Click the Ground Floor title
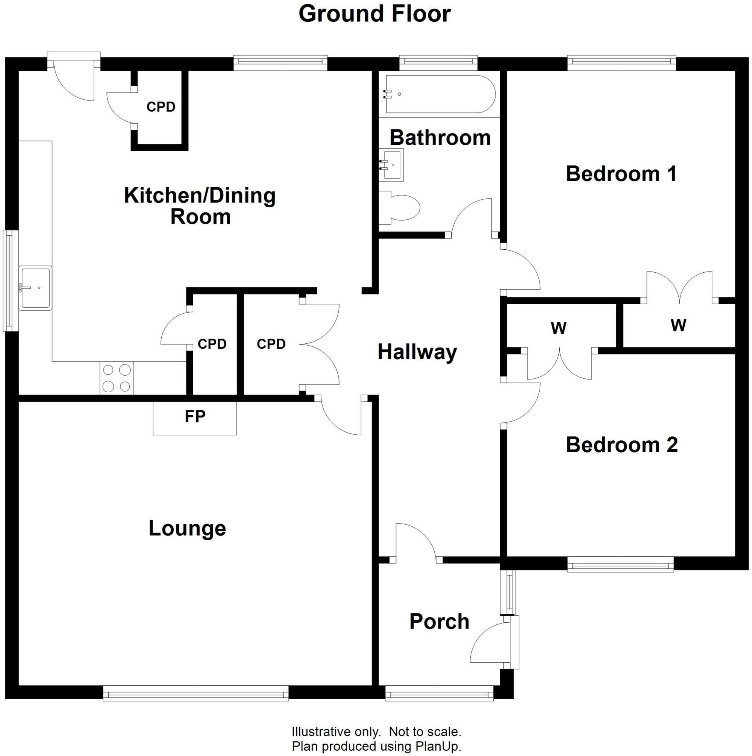pyautogui.click(x=374, y=14)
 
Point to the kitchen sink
pyautogui.click(x=35, y=288)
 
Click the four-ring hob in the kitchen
pyautogui.click(x=117, y=378)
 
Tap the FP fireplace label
pyautogui.click(x=195, y=417)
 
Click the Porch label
pyautogui.click(x=439, y=621)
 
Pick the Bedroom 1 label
pyautogui.click(x=621, y=174)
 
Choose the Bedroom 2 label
pyautogui.click(x=621, y=445)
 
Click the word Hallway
pyautogui.click(x=417, y=352)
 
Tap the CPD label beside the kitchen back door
pyautogui.click(x=161, y=107)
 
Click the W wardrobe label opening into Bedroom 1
pyautogui.click(x=678, y=325)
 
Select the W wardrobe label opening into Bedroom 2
pyautogui.click(x=558, y=328)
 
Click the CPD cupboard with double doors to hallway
pyautogui.click(x=271, y=344)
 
